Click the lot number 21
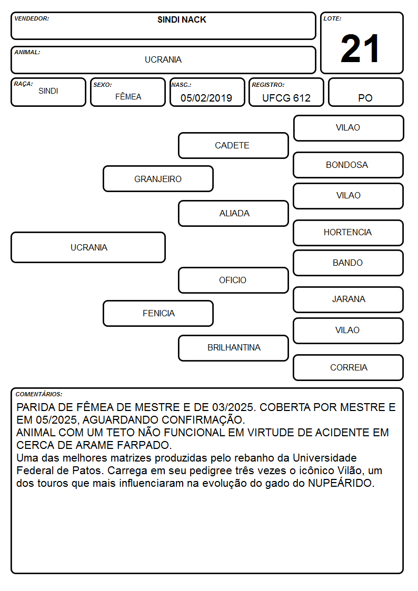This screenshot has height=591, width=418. [360, 48]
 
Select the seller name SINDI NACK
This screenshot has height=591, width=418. [182, 20]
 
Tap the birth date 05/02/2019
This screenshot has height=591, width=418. [206, 98]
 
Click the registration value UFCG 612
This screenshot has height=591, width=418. [286, 98]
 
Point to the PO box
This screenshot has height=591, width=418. [365, 92]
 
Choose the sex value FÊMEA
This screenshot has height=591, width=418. [128, 97]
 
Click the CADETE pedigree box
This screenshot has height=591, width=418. [233, 145]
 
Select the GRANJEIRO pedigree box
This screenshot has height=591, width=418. [158, 179]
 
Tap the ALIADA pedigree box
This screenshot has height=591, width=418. [233, 213]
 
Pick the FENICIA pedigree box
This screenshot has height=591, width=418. [158, 313]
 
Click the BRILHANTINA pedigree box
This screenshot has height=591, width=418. [233, 348]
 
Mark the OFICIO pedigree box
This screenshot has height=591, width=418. [233, 281]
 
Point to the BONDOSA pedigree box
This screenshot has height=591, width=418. [349, 165]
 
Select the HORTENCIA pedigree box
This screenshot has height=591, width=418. [349, 233]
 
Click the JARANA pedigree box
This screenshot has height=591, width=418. [349, 299]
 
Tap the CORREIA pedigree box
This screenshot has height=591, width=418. [349, 367]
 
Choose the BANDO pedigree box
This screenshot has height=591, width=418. [349, 263]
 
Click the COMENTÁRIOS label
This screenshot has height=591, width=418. [39, 394]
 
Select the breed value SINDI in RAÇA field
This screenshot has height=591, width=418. [48, 91]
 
